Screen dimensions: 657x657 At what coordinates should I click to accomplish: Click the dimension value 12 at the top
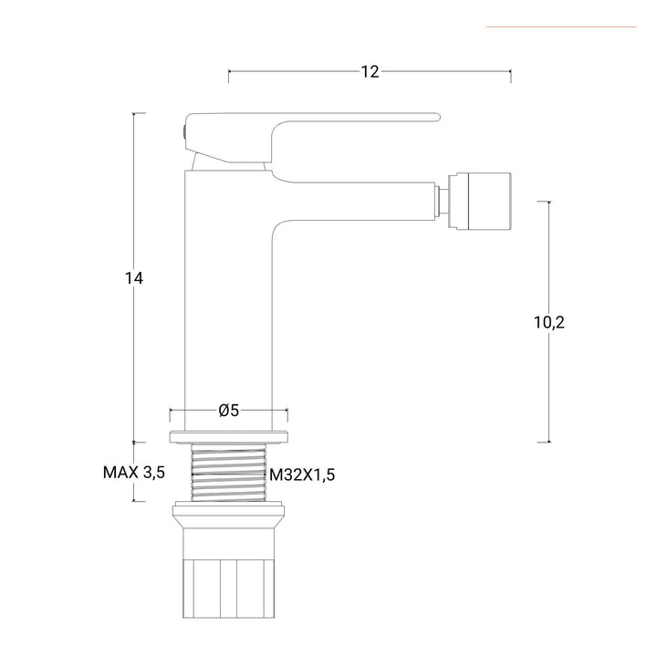370,72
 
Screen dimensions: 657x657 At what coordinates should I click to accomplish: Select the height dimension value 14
135,279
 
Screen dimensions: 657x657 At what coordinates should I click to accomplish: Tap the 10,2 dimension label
549,322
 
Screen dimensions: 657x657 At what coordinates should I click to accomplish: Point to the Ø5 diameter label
229,411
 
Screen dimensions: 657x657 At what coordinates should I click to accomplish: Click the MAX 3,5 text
133,473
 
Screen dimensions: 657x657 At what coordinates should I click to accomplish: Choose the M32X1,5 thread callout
296,474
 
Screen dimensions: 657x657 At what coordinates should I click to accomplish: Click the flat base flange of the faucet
229,435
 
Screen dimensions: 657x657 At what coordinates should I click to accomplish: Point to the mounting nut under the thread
229,520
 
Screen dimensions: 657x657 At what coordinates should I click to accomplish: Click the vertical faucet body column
228,301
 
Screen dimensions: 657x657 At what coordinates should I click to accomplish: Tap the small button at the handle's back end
182,133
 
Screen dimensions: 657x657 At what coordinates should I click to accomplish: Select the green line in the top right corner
560,26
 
